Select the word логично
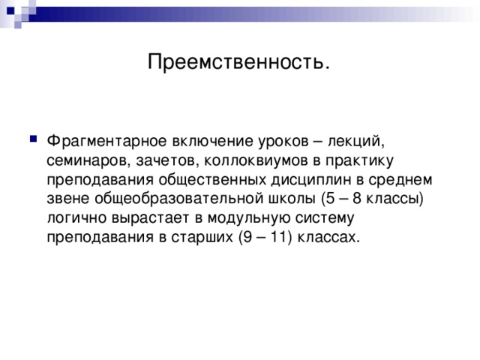click(x=73, y=218)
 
